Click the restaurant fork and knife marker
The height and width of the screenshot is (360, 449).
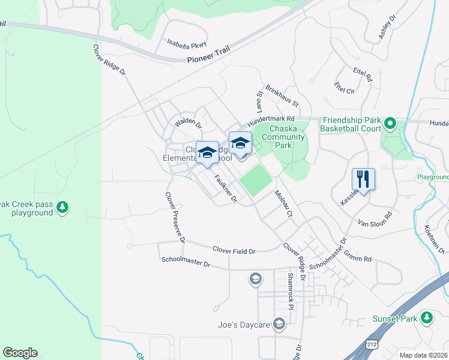coord(363,178)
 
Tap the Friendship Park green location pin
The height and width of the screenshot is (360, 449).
coord(390,124)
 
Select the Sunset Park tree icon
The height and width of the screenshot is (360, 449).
coord(427,317)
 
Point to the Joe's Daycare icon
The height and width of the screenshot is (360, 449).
coord(279,325)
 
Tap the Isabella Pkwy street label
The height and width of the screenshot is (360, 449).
coord(187,43)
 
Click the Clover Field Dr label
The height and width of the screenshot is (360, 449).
coord(234,250)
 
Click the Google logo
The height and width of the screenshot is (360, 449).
coord(20,353)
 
